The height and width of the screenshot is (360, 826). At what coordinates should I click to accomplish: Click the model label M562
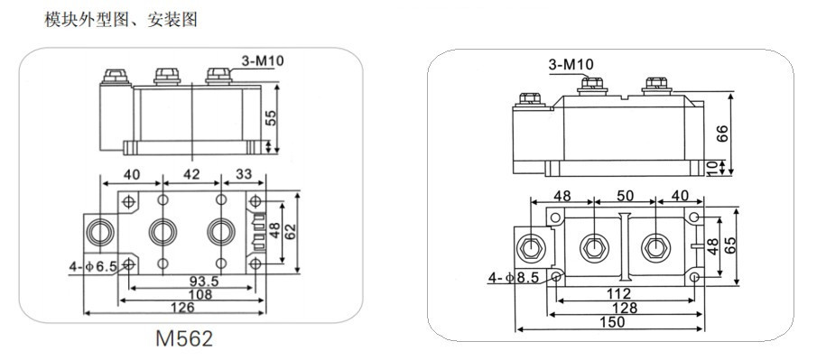184,338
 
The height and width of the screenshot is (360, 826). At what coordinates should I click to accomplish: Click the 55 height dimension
271,117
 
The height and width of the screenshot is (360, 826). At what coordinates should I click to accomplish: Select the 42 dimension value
191,173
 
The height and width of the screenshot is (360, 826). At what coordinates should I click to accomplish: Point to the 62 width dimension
291,232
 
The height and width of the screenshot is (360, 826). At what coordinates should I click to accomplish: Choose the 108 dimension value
200,294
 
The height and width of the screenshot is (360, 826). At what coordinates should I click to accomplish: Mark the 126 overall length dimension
182,308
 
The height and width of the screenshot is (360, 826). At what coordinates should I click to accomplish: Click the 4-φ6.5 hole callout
93,267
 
